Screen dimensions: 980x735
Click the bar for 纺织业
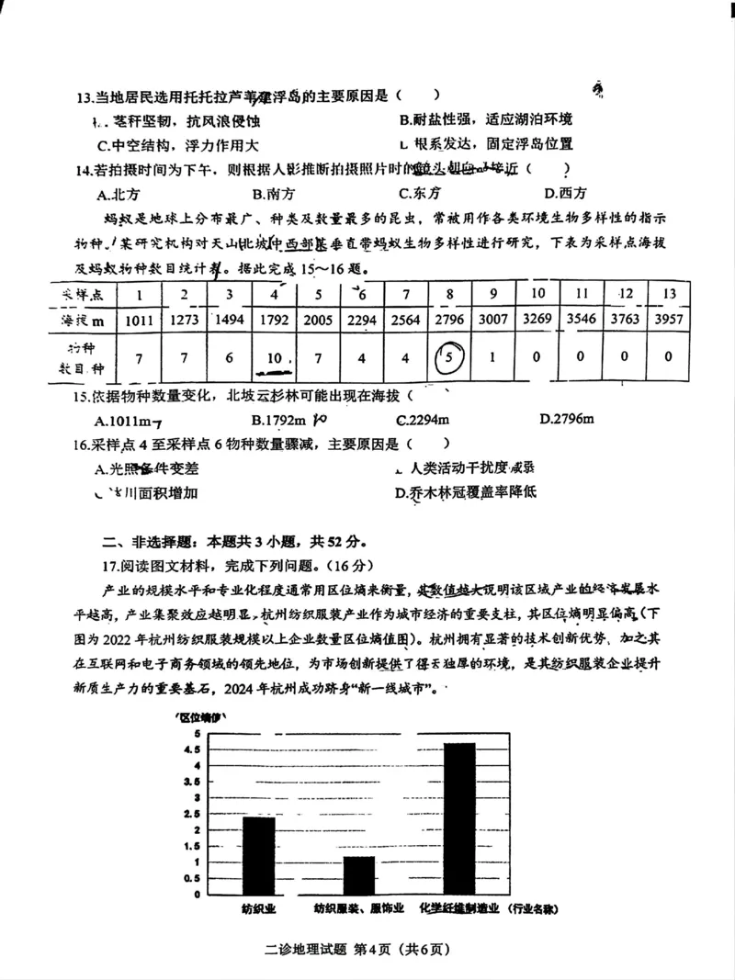point(258,855)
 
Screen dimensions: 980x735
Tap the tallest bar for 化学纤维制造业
point(459,817)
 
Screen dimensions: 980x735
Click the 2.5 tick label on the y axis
point(191,814)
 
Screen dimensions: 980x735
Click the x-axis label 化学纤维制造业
point(458,908)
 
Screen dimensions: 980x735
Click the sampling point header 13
point(668,293)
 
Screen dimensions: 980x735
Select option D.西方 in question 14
point(565,193)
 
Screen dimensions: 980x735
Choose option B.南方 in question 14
point(274,193)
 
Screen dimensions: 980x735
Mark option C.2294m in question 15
point(423,420)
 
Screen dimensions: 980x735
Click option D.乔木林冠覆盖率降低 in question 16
point(465,492)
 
